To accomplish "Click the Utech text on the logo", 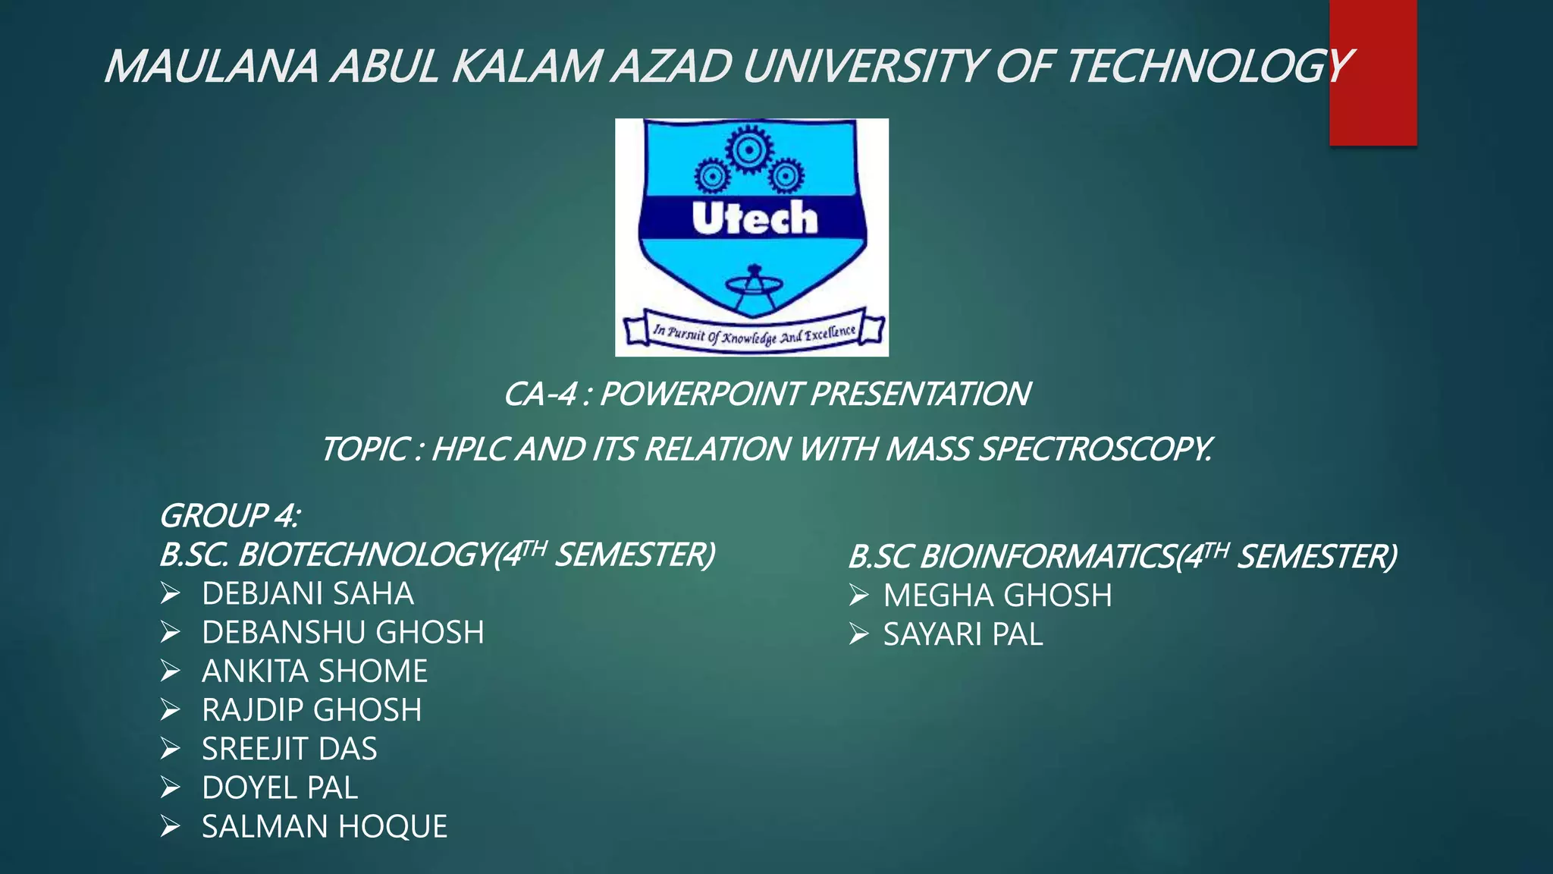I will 755,218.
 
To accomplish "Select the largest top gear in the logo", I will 749,149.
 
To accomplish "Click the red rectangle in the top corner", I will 1373,72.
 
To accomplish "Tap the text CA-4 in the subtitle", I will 540,395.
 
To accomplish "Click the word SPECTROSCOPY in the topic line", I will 1095,450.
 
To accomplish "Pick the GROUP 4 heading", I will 230,517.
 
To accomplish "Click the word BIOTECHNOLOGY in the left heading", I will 365,555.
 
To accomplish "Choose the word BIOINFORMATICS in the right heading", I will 1047,558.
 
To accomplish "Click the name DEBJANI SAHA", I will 308,594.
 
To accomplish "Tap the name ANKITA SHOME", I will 315,671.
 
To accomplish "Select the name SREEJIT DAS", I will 289,750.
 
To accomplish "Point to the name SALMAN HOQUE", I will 325,827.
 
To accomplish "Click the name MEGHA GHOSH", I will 997,596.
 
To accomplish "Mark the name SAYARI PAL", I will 963,635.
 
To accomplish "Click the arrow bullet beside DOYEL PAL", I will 171,788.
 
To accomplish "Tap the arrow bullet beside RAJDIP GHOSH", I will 171,710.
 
